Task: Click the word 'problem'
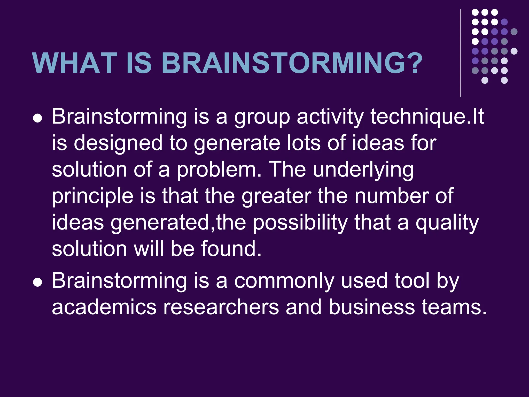217,170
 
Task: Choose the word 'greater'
277,196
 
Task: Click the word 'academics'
104,307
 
